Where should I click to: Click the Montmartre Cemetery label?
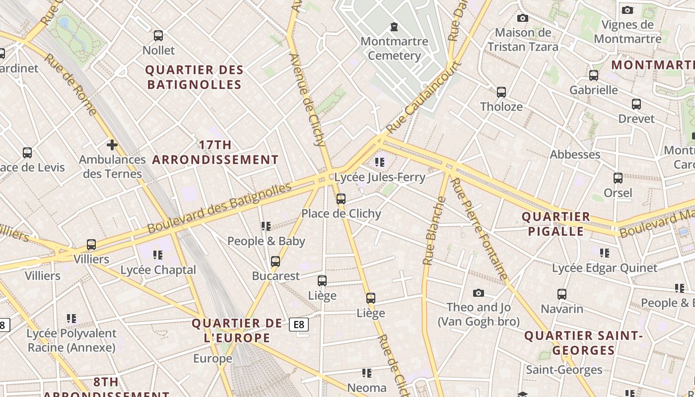394,48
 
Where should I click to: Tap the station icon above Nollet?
158,36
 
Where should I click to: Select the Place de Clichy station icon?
341,199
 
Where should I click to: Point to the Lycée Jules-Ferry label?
380,177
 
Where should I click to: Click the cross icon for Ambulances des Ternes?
112,145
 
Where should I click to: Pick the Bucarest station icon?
276,262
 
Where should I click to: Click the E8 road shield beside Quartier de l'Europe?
299,325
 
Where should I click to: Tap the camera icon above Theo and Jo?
479,293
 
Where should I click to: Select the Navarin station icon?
562,294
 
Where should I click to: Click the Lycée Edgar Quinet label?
605,268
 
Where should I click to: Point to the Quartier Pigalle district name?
556,224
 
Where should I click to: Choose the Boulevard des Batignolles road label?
219,208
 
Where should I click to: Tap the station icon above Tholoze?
501,92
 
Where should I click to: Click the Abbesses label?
575,154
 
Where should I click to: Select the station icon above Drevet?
636,104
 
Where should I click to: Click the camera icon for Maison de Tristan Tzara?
522,18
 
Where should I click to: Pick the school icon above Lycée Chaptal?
158,255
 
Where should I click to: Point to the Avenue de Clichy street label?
306,100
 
